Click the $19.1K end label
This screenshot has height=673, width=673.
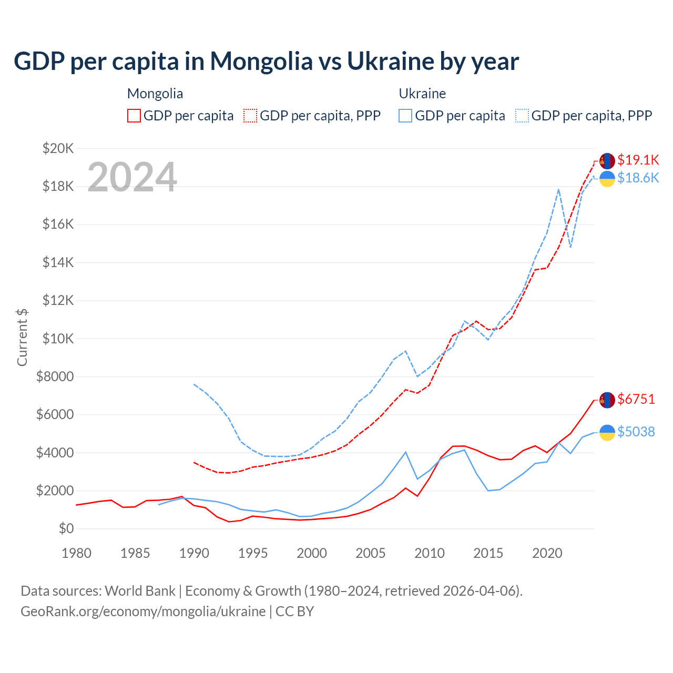click(x=638, y=160)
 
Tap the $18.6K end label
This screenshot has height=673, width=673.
click(x=638, y=178)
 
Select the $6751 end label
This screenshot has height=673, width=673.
click(x=636, y=400)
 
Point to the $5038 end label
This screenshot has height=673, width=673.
click(x=636, y=432)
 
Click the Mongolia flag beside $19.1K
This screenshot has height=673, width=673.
click(x=607, y=161)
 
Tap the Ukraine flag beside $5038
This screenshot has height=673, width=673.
click(x=607, y=432)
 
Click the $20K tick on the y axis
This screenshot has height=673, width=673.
click(x=58, y=148)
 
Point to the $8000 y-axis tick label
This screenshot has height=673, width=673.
click(x=55, y=376)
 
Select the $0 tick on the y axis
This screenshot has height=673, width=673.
click(x=66, y=528)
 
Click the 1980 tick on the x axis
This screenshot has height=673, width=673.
click(x=77, y=553)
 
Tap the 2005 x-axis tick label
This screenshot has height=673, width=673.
click(x=371, y=553)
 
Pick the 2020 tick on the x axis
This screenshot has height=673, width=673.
click(x=547, y=553)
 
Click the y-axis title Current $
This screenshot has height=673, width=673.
click(x=22, y=338)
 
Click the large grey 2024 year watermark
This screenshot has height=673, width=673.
click(x=132, y=177)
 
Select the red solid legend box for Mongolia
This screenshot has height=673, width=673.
click(x=134, y=116)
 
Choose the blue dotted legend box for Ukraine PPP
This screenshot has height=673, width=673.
click(x=522, y=116)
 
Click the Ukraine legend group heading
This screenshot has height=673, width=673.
click(x=422, y=94)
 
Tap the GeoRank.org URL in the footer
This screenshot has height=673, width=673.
click(x=143, y=611)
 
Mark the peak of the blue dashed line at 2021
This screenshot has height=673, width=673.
click(x=558, y=189)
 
